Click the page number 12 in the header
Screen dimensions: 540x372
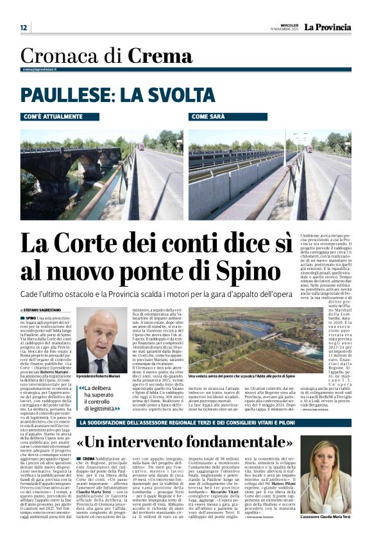click(x=24, y=28)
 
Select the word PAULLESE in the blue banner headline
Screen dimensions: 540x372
click(x=62, y=96)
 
